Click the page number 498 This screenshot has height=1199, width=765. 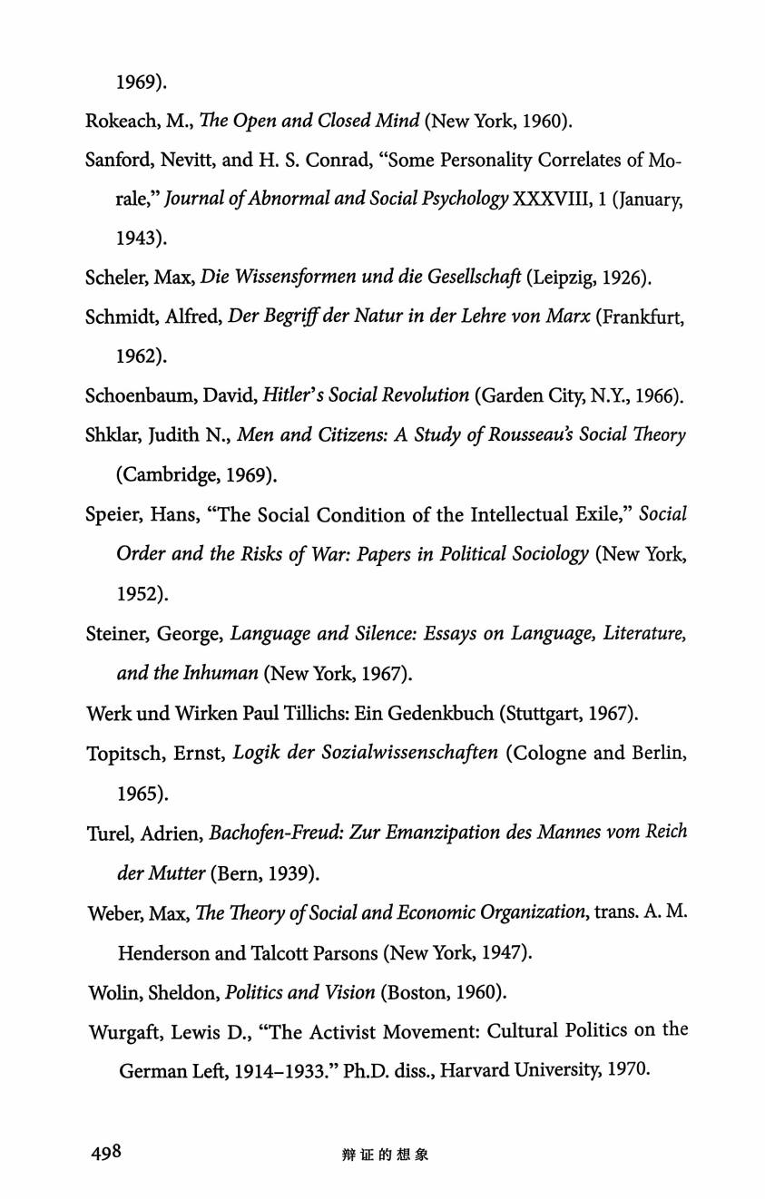pos(106,1153)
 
